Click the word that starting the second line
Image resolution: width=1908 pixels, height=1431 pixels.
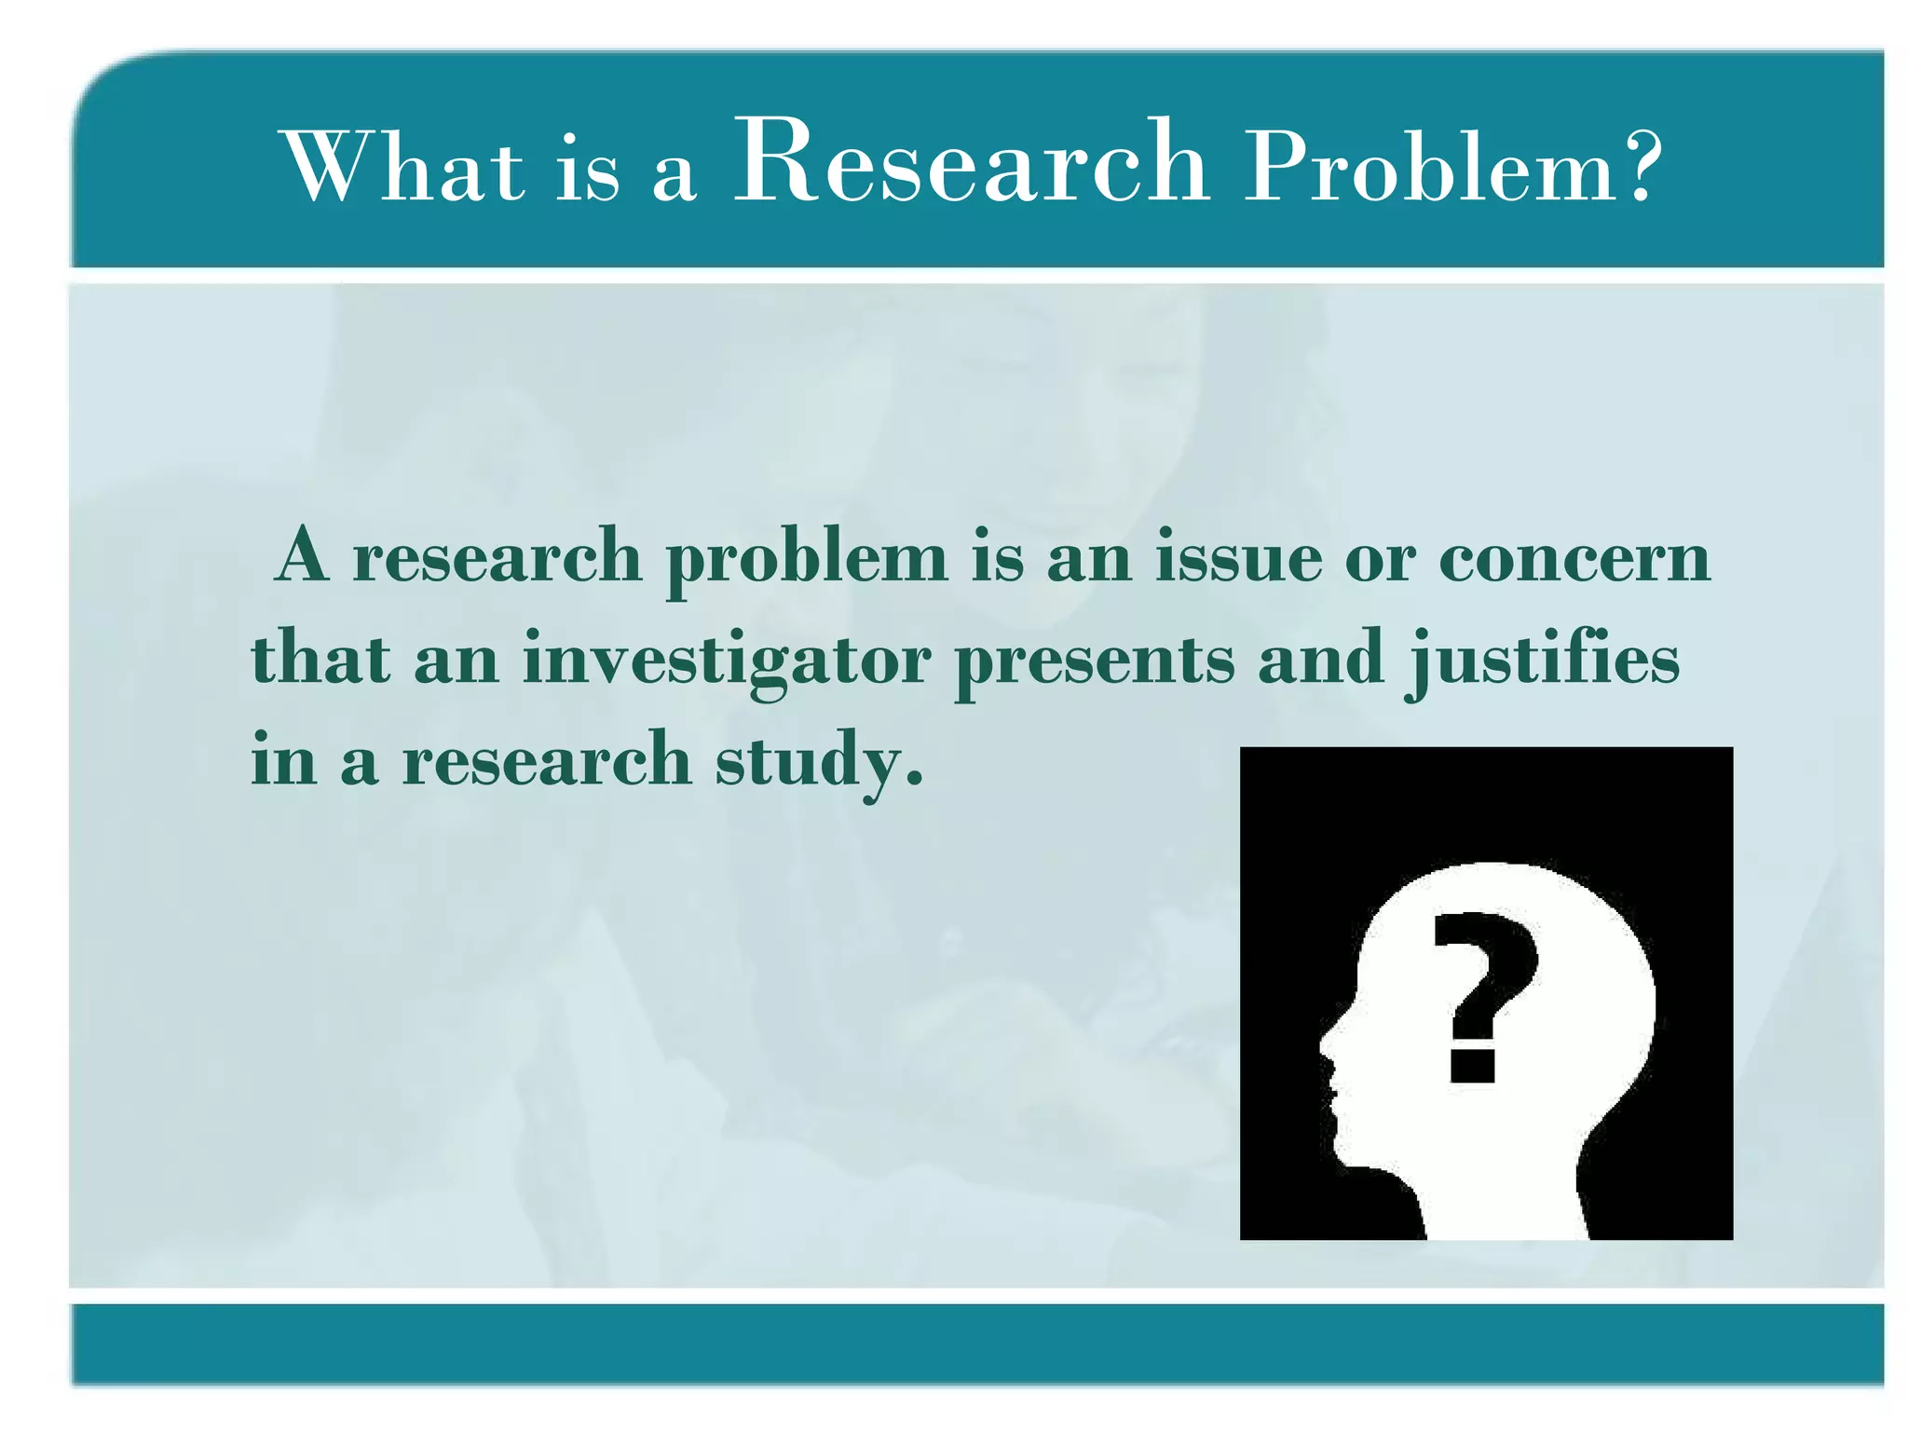pyautogui.click(x=321, y=660)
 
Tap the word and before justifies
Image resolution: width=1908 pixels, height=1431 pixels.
pyautogui.click(x=1321, y=660)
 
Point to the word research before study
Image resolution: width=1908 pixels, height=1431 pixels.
pyautogui.click(x=547, y=760)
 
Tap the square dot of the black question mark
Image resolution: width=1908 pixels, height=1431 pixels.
pyautogui.click(x=1473, y=1064)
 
